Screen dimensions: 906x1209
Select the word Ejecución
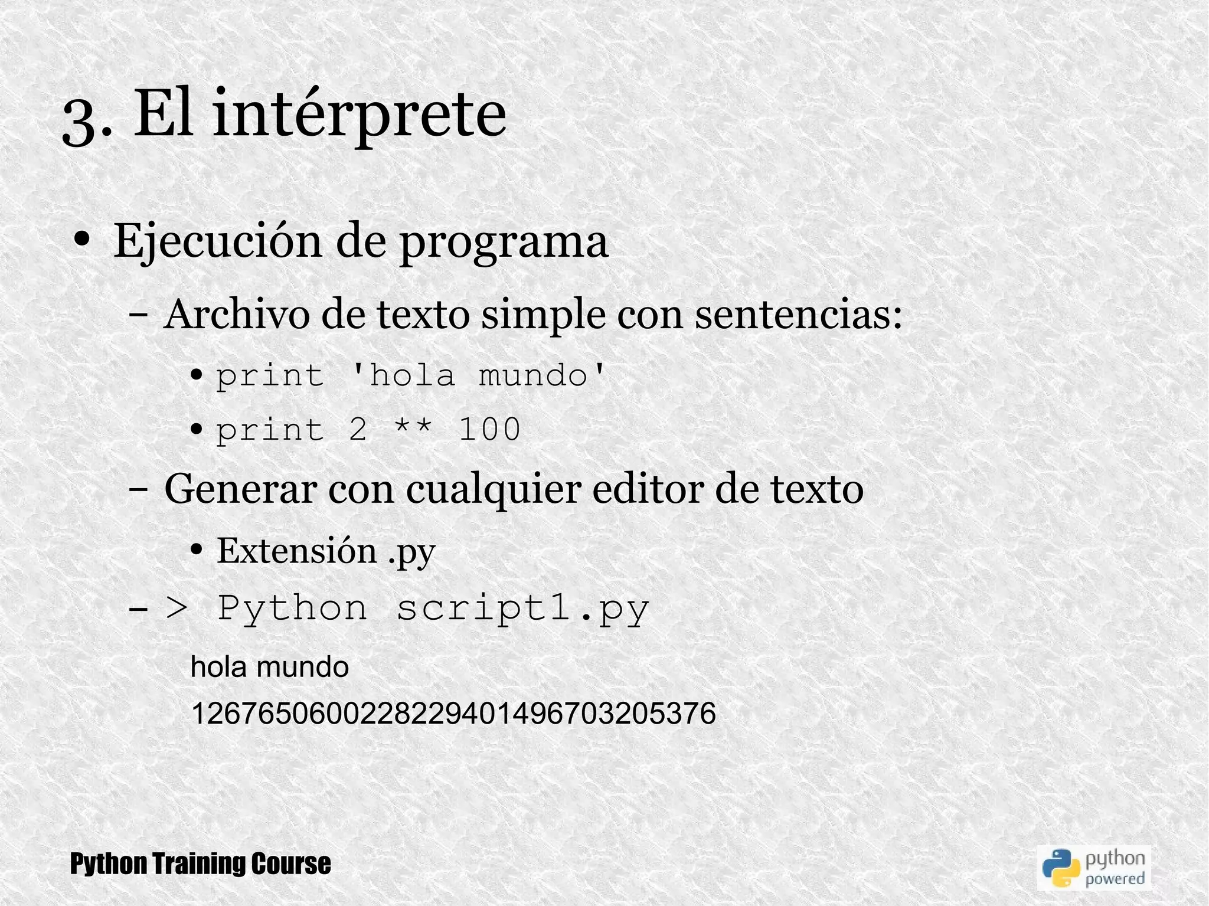click(217, 242)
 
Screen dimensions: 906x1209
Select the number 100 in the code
click(489, 429)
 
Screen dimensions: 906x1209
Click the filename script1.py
click(522, 609)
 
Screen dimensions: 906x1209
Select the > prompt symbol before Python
click(176, 609)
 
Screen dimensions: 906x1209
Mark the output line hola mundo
click(270, 667)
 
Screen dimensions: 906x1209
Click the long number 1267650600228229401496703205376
click(453, 714)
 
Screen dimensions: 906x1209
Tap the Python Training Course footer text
click(200, 864)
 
